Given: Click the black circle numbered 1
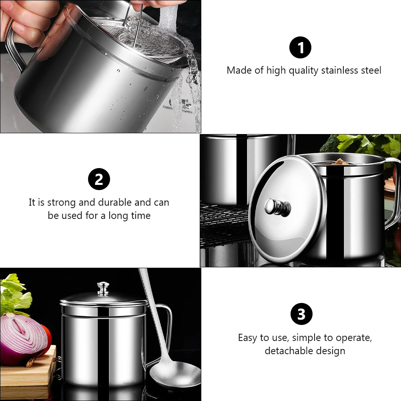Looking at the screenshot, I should coord(300,48).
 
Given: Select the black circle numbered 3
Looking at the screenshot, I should coord(301,314).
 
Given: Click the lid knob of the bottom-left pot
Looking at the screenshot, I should coord(103,289).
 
